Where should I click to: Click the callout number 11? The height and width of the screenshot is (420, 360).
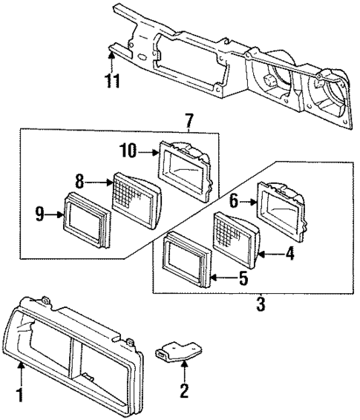point(111,80)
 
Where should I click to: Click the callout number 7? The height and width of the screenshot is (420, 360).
point(189,120)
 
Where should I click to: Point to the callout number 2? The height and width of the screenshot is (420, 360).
point(183,390)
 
